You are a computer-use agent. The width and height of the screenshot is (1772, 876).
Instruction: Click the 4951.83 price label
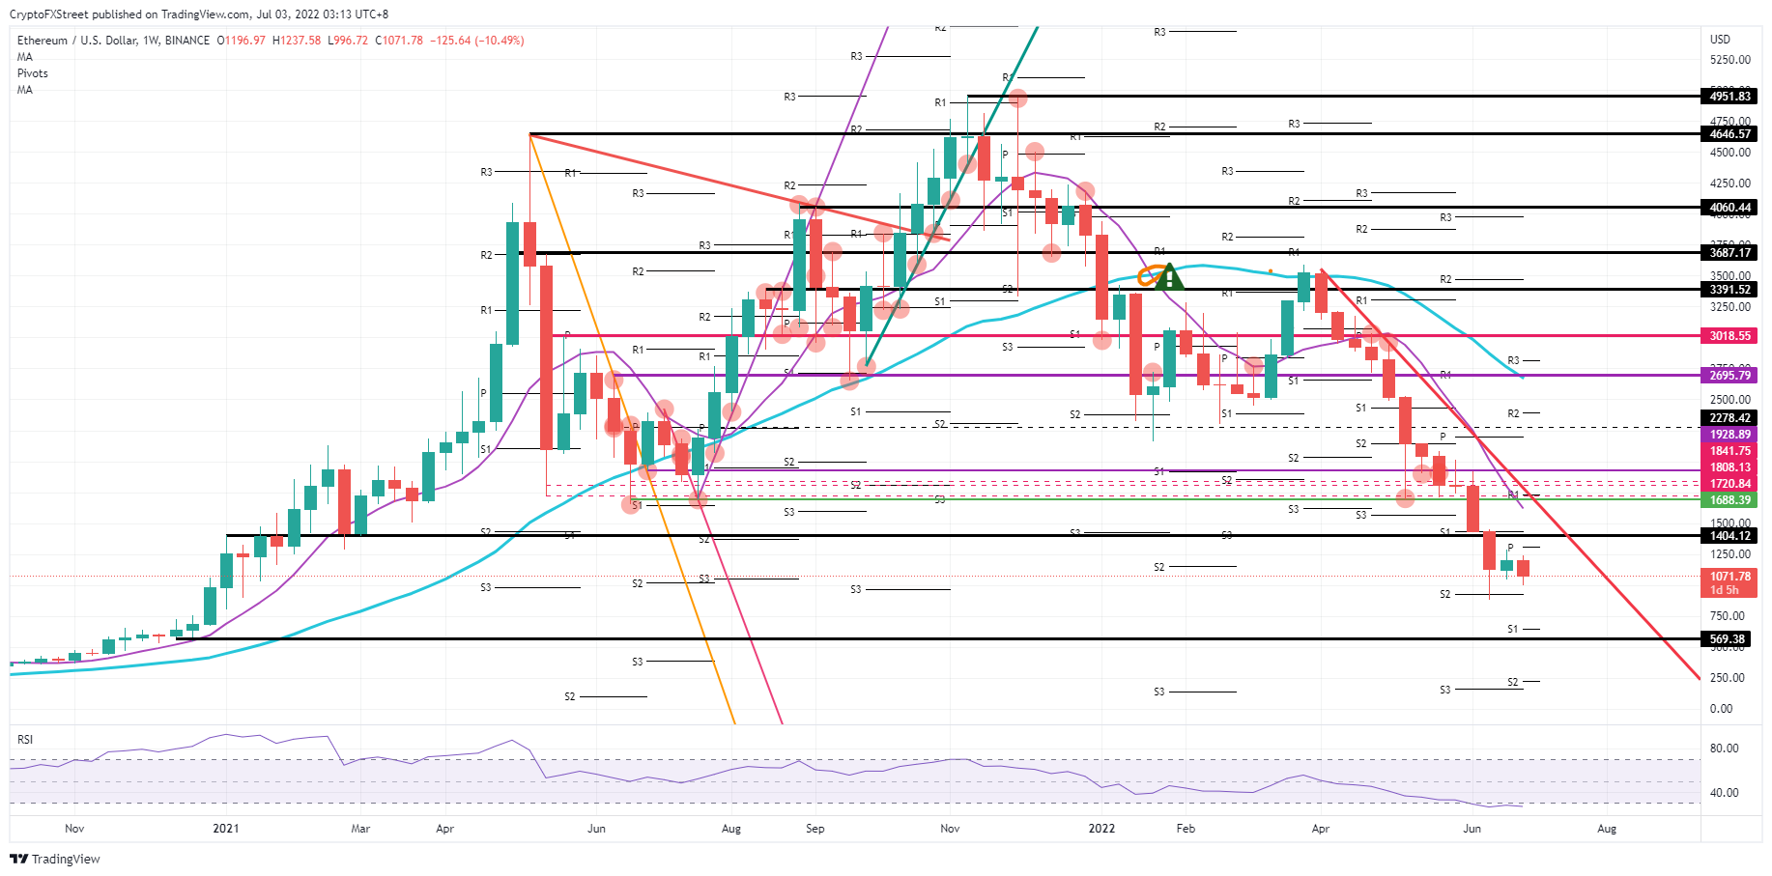pyautogui.click(x=1729, y=97)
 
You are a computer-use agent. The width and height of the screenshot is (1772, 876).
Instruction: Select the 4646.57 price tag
pyautogui.click(x=1729, y=134)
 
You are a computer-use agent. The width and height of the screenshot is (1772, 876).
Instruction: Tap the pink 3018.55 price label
pyautogui.click(x=1729, y=336)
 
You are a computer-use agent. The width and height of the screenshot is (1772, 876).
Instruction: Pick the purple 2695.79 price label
pyautogui.click(x=1729, y=376)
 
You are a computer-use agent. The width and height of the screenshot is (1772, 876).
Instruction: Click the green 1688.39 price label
pyautogui.click(x=1729, y=500)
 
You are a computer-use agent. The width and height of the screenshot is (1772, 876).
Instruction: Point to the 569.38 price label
pyautogui.click(x=1727, y=639)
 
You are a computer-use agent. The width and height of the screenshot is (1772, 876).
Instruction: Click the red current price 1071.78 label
pyautogui.click(x=1729, y=577)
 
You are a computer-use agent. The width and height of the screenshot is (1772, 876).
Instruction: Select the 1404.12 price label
pyautogui.click(x=1729, y=536)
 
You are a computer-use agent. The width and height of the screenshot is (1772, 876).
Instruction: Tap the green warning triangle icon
pyautogui.click(x=1169, y=278)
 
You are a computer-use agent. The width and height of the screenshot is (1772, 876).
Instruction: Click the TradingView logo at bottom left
pyautogui.click(x=56, y=859)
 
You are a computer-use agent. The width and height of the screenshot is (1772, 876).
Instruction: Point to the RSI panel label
pyautogui.click(x=25, y=740)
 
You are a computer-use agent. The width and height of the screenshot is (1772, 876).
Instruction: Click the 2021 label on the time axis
pyautogui.click(x=226, y=829)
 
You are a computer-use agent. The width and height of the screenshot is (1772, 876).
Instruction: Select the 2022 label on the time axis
pyautogui.click(x=1101, y=829)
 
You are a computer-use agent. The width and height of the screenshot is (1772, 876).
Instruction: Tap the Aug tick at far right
pyautogui.click(x=1607, y=829)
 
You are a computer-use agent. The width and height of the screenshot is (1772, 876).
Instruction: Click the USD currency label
pyautogui.click(x=1720, y=40)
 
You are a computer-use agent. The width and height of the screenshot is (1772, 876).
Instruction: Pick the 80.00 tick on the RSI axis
pyautogui.click(x=1724, y=749)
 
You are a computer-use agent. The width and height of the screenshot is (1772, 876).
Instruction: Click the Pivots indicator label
pyautogui.click(x=33, y=73)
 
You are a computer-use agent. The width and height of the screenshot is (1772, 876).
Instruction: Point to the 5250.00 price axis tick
pyautogui.click(x=1729, y=60)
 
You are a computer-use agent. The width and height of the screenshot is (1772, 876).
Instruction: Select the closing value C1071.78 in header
pyautogui.click(x=399, y=41)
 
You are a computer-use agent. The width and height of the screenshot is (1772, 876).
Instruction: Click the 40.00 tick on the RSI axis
pyautogui.click(x=1724, y=793)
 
